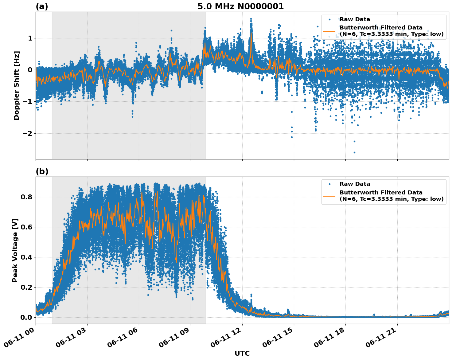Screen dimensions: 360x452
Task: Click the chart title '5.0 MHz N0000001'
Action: coord(240,6)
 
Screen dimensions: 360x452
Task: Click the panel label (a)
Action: coord(42,6)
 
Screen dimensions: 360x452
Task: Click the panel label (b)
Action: coord(42,171)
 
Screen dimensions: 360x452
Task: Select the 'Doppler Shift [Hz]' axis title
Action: coord(17,85)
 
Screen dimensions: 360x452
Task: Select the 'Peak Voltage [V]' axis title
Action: coord(15,250)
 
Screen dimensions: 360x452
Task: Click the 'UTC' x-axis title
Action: coord(242,353)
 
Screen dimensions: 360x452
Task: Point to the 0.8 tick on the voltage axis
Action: coord(26,197)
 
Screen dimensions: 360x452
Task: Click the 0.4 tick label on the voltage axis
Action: coord(26,257)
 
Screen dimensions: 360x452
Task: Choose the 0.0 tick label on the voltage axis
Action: coord(26,317)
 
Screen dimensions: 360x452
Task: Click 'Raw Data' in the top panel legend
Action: coord(355,19)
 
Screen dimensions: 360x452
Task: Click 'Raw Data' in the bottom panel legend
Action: coord(355,184)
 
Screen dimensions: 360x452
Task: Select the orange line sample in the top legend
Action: coord(329,31)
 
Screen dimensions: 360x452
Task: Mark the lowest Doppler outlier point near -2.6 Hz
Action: coord(354,152)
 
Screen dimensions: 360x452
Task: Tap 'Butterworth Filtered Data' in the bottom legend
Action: coord(381,193)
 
